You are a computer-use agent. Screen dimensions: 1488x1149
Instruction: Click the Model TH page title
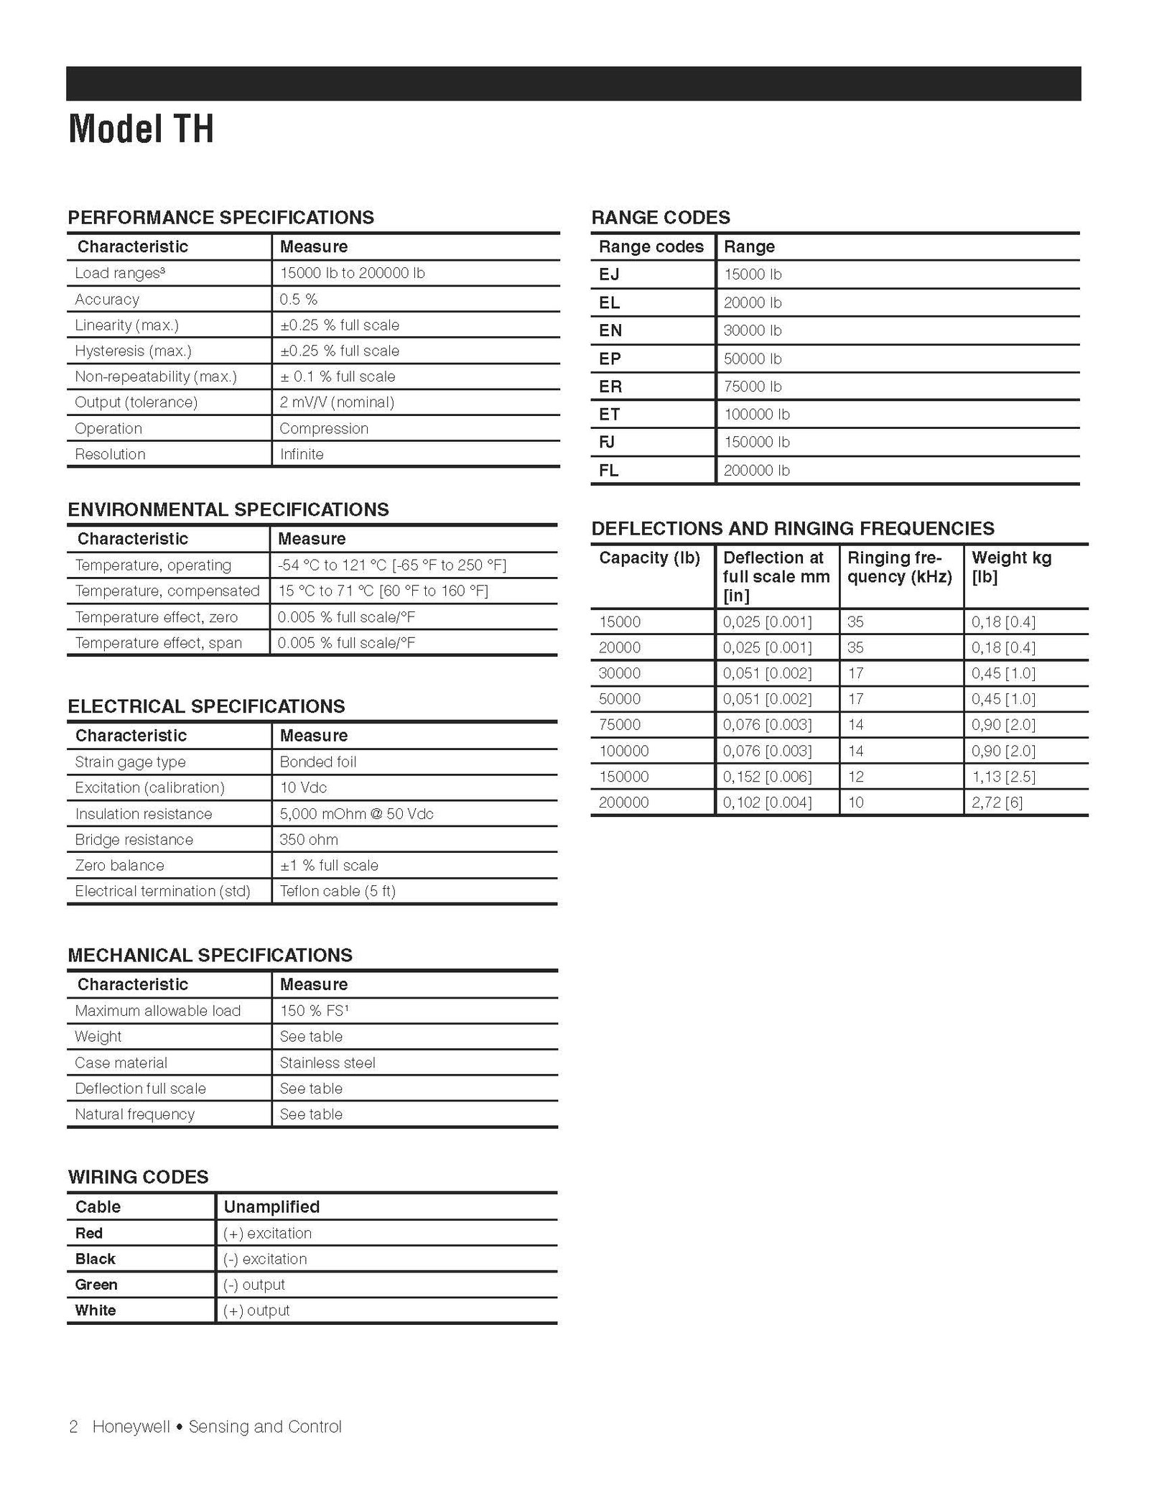[x=141, y=129]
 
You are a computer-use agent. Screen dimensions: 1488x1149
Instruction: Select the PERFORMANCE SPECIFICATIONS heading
[x=220, y=218]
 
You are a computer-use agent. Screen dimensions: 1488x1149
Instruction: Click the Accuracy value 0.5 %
[x=299, y=299]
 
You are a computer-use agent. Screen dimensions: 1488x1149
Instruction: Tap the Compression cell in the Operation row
[x=324, y=428]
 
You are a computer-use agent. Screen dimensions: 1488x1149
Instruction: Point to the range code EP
[x=610, y=359]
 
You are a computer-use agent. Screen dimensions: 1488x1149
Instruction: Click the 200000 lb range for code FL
[x=756, y=471]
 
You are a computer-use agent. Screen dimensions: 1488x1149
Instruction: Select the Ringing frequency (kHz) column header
[x=899, y=567]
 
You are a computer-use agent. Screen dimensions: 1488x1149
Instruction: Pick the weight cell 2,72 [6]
[x=997, y=802]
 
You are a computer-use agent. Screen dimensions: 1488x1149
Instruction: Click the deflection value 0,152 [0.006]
[x=767, y=777]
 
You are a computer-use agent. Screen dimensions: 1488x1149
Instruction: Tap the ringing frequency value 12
[x=855, y=777]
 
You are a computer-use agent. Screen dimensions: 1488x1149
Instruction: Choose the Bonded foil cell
[x=317, y=762]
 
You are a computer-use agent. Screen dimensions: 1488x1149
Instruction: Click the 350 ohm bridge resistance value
[x=309, y=839]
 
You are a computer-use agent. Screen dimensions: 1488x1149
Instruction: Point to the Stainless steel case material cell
[x=327, y=1063]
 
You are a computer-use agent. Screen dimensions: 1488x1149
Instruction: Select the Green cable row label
[x=96, y=1285]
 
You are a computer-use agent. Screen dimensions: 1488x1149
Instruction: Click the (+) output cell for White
[x=256, y=1311]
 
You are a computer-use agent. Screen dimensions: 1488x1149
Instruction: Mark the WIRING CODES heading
[x=138, y=1177]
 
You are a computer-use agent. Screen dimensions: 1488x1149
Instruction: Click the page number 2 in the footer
[x=73, y=1427]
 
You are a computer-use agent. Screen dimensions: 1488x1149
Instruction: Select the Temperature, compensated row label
[x=167, y=591]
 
